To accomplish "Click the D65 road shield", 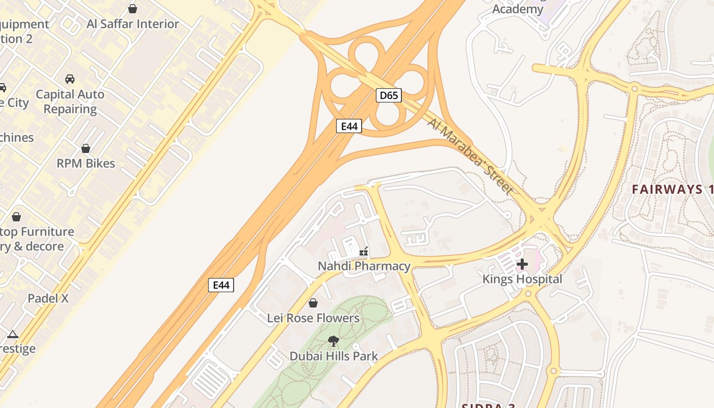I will click(x=389, y=95).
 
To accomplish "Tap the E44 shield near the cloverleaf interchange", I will click(x=349, y=126).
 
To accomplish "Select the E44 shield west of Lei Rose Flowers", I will click(x=221, y=285).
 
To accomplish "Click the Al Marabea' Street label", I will click(x=470, y=156).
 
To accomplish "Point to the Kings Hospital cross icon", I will click(x=522, y=264).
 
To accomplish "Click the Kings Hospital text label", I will click(x=522, y=279).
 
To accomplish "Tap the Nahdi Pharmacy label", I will click(x=364, y=266).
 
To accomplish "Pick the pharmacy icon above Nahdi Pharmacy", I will click(x=364, y=251).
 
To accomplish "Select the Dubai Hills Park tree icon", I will click(x=334, y=341).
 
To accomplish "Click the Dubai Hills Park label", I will click(x=334, y=356).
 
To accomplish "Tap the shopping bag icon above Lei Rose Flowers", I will click(x=313, y=303).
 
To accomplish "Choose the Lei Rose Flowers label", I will click(x=313, y=318).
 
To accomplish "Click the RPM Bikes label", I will click(x=86, y=163).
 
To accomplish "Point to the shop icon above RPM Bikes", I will click(x=86, y=148).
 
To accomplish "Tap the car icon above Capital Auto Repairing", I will click(x=70, y=79).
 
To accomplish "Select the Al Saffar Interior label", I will click(x=133, y=24).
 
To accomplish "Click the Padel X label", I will click(x=48, y=298).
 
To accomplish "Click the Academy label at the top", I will click(x=518, y=9).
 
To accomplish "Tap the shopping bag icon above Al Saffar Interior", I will click(x=133, y=9).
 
